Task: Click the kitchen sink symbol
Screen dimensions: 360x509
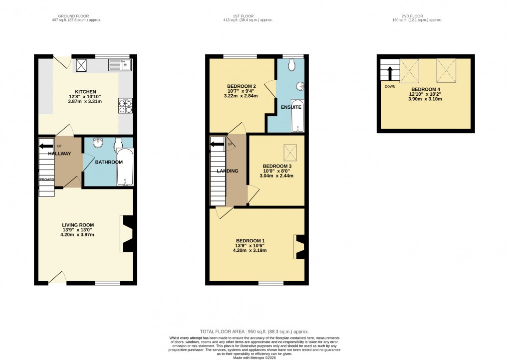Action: (x=119, y=64)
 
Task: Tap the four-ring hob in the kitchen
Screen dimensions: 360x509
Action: (x=125, y=106)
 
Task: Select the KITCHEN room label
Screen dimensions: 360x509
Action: (x=85, y=92)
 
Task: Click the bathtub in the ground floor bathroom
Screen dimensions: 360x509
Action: (x=123, y=169)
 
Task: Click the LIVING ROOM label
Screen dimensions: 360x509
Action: (x=77, y=225)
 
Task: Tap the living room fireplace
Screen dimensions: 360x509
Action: (x=127, y=233)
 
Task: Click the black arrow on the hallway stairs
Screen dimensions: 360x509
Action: (x=46, y=146)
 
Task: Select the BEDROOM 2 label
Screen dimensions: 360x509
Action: (x=241, y=85)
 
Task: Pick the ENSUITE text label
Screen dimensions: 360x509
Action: (x=291, y=107)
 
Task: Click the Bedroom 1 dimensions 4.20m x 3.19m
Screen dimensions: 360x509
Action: (x=250, y=250)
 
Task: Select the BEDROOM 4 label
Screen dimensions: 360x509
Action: (x=426, y=88)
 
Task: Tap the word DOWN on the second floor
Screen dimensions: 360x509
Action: (x=390, y=86)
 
